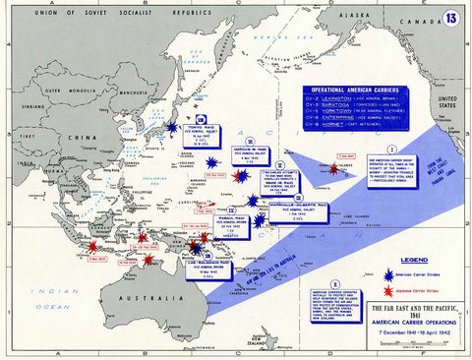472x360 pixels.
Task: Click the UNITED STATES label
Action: (x=446, y=103)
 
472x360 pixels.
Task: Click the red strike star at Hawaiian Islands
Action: (x=333, y=168)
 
